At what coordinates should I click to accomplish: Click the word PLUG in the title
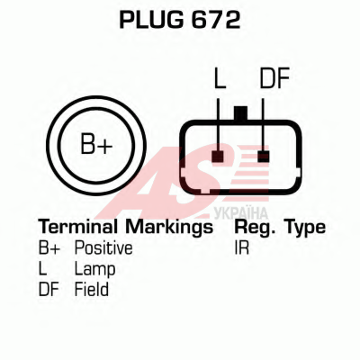pos(151,20)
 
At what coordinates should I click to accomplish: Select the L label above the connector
pos(220,78)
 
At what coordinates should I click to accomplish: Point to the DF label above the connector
pos(274,78)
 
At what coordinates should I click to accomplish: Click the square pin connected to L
pos(218,157)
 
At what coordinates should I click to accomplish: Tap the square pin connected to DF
pos(264,157)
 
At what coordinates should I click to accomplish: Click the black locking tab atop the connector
pos(240,113)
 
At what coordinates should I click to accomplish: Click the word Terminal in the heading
pos(78,227)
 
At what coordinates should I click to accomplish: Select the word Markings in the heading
pos(169,228)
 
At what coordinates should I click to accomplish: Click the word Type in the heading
pos(305,228)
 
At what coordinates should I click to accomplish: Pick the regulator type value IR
pos(242,248)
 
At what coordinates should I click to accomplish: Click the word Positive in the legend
pos(103,248)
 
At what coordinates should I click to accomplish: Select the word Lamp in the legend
pos(94,270)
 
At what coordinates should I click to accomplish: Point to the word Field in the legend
pos(92,290)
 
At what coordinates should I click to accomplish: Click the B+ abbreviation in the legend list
pos(49,248)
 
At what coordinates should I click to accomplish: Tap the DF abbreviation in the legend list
pos(49,290)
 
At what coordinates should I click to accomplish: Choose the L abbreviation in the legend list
pos(43,269)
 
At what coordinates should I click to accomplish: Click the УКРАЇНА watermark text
pos(241,213)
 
